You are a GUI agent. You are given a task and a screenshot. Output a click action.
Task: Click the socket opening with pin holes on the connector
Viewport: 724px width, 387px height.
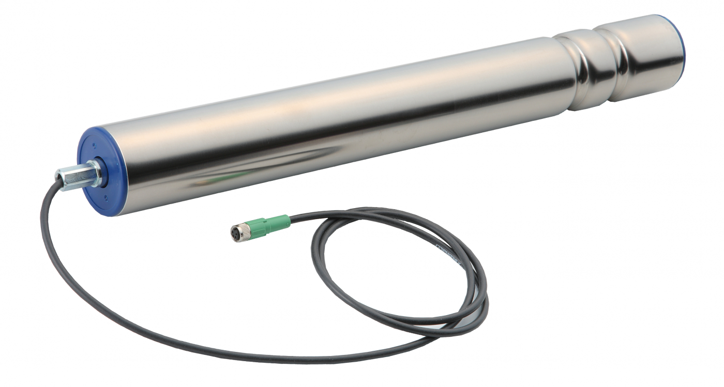234,234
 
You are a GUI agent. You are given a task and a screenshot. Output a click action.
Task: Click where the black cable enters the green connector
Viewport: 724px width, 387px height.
291,218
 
